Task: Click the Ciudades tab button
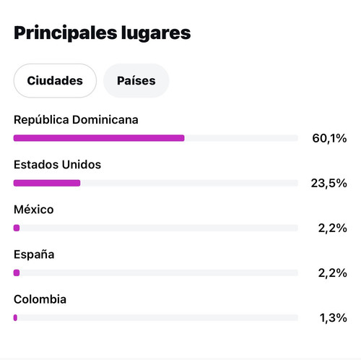(55, 81)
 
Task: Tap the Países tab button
(136, 81)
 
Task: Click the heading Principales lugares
(103, 33)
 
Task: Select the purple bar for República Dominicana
(99, 138)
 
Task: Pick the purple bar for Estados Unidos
(47, 183)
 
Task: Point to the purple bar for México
(17, 228)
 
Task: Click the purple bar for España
(17, 273)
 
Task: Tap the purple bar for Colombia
(15, 318)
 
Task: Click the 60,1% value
(329, 138)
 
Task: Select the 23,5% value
(329, 184)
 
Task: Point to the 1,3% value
(334, 318)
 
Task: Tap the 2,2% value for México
(333, 228)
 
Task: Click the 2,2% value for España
(333, 273)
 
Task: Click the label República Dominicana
(76, 120)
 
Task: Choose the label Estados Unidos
(58, 165)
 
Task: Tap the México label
(34, 210)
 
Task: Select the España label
(34, 255)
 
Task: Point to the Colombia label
(40, 299)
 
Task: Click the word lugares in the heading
(156, 33)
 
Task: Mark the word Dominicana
(105, 120)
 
